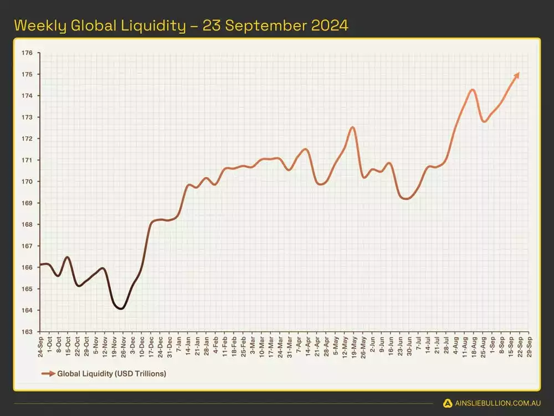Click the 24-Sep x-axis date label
coord(40,345)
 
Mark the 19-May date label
coord(353,345)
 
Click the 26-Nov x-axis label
coord(122,345)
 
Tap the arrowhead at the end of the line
coord(517,75)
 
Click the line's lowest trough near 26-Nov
coord(121,308)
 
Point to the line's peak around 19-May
coord(352,127)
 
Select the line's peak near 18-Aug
coord(473,89)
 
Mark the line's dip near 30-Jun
coord(406,198)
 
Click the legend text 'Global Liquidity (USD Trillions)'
coord(111,374)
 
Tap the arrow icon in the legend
coord(48,374)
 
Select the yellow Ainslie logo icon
coord(448,403)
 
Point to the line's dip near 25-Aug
coord(484,121)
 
